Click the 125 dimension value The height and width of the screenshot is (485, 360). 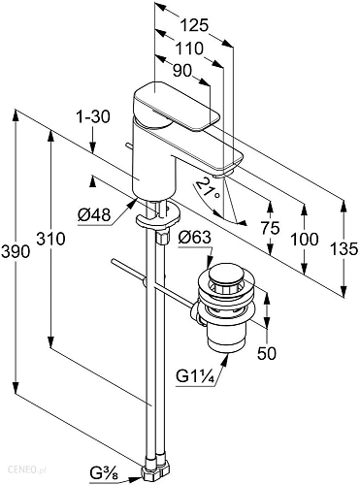(x=194, y=25)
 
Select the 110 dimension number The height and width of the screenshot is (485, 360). (x=189, y=48)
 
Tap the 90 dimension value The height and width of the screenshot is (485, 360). (x=182, y=71)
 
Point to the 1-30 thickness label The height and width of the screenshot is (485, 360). (x=93, y=116)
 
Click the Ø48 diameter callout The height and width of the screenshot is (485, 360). (x=94, y=214)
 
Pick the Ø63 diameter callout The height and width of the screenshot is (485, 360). (x=195, y=238)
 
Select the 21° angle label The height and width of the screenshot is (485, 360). (x=208, y=188)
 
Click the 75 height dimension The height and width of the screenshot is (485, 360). (x=271, y=228)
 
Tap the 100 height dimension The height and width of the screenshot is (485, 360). (x=304, y=240)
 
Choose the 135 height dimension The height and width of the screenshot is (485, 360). (x=344, y=249)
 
